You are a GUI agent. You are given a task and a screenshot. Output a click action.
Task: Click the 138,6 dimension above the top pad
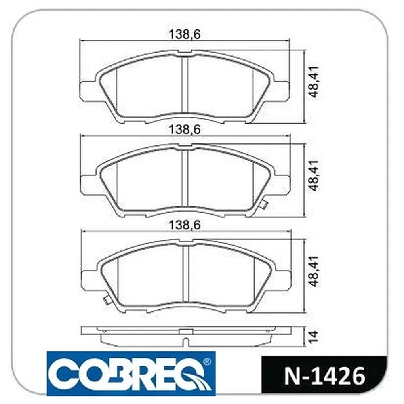(x=185, y=34)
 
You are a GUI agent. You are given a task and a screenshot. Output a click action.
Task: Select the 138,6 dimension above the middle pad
(x=185, y=130)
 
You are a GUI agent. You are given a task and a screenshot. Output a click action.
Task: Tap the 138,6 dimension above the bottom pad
(x=185, y=225)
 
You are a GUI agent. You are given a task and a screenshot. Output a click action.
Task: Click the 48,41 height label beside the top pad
(x=314, y=82)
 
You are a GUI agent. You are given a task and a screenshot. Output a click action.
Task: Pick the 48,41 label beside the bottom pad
(x=314, y=271)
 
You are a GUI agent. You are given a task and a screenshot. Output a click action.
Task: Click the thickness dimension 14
(x=314, y=336)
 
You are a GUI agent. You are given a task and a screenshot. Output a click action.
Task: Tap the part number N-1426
(x=325, y=377)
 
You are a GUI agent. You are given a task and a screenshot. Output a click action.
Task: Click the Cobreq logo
(x=131, y=373)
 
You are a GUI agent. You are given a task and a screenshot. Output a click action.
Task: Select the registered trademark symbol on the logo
(x=206, y=362)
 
